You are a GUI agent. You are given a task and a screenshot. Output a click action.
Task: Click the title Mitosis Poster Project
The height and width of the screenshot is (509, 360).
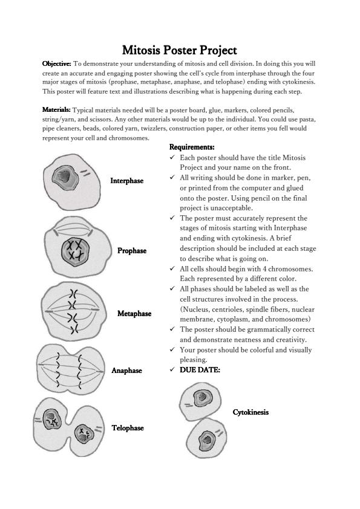click(180, 50)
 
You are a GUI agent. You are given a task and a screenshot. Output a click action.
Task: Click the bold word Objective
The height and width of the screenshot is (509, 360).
click(56, 63)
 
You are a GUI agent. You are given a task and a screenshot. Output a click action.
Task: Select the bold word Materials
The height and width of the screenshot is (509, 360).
click(56, 110)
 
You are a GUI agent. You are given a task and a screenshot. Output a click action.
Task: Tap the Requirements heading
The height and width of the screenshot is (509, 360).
click(192, 147)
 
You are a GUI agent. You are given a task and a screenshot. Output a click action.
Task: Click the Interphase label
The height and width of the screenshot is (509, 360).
click(126, 181)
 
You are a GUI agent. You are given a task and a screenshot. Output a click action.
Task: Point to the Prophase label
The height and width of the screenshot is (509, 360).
click(132, 251)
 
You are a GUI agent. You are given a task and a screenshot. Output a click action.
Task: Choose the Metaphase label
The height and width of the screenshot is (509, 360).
click(134, 314)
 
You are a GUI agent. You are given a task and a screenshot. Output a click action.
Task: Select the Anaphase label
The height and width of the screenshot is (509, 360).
click(126, 371)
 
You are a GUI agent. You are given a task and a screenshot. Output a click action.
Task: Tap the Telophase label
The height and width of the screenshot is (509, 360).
click(128, 428)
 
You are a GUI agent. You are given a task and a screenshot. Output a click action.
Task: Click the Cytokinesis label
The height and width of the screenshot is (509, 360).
click(250, 412)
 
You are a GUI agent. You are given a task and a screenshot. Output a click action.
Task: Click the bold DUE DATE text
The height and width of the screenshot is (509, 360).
click(200, 370)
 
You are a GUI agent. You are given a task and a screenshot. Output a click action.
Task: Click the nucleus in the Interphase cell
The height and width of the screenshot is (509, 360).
click(65, 178)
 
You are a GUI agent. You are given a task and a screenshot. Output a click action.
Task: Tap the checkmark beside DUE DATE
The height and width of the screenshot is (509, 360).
click(172, 369)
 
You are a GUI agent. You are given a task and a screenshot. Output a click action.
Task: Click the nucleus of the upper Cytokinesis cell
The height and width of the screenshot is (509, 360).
click(203, 398)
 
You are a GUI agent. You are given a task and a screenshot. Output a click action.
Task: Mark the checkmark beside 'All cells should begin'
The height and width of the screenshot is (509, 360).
click(172, 269)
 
